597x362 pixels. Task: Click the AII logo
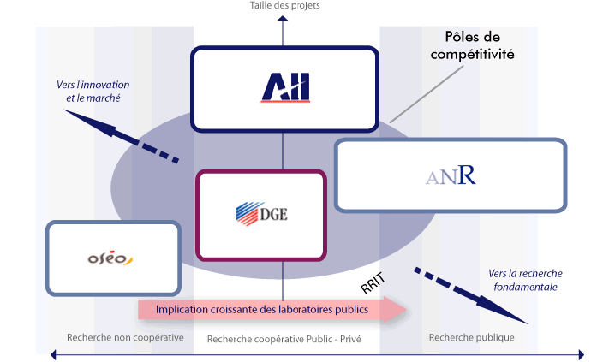coord(285,88)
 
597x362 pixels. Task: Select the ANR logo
coord(451,176)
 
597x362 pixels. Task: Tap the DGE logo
coord(261,214)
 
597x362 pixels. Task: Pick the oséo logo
coord(111,258)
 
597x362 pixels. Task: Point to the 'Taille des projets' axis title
coord(285,5)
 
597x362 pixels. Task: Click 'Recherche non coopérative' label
coord(125,337)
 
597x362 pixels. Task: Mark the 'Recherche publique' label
coord(471,337)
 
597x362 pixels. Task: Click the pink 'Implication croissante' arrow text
coord(263,309)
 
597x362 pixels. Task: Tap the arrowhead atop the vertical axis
coord(284,18)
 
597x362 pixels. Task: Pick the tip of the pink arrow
coord(404,309)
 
